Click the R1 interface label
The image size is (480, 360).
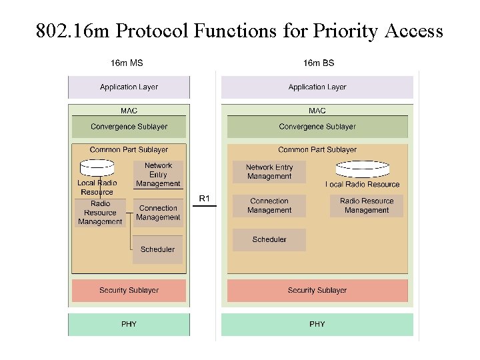pos(205,198)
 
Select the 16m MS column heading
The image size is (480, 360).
pos(127,63)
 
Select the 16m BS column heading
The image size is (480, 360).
pos(319,63)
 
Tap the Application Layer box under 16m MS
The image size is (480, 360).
pos(129,87)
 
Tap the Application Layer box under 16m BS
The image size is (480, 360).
pos(317,87)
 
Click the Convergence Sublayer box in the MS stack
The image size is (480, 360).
pos(129,127)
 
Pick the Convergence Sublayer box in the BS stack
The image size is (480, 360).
pos(317,127)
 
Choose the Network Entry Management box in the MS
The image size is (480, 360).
pos(158,175)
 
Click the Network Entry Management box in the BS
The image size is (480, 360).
pos(269,172)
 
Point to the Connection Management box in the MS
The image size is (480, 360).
pos(158,213)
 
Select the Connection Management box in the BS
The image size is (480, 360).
pos(269,205)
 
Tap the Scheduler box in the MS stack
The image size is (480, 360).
pos(157,249)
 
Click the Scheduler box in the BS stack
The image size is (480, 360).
pos(269,239)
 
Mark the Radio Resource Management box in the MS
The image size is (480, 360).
pos(100,213)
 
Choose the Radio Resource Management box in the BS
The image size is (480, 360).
pos(367,205)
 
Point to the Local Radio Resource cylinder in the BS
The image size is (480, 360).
pos(363,167)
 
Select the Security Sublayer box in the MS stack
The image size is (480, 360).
pos(129,291)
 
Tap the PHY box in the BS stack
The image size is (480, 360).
pos(317,324)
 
